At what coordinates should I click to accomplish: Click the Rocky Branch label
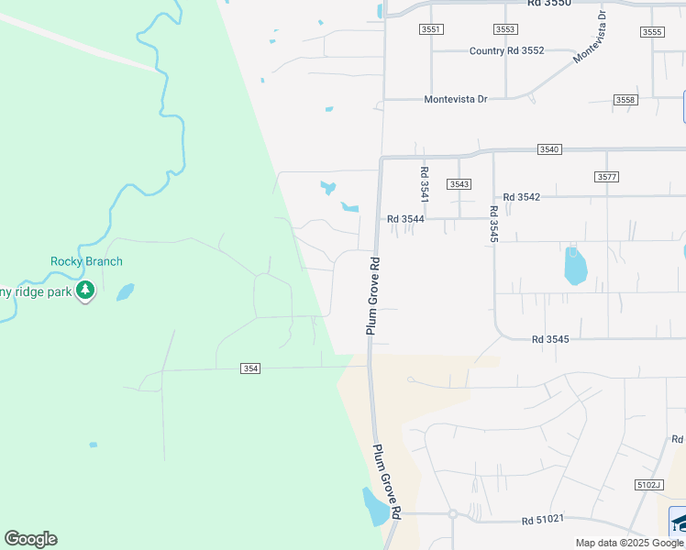coord(86,261)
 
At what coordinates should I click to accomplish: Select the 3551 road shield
coord(431,30)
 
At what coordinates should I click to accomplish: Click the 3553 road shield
coord(504,30)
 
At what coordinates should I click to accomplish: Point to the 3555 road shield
coord(652,32)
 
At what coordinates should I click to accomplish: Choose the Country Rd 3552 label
coord(506,51)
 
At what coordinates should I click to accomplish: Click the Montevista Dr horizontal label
coord(455,99)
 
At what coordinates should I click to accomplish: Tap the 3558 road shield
coord(625,99)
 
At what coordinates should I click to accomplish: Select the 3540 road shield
coord(549,148)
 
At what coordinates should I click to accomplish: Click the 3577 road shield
coord(606,177)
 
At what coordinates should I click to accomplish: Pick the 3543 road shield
coord(459,184)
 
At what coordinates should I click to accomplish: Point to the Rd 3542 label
coord(522,197)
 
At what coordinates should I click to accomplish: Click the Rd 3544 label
coord(405,219)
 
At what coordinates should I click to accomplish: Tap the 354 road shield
coord(250,368)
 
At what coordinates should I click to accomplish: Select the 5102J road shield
coord(647,484)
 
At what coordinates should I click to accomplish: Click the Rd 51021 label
coord(540,521)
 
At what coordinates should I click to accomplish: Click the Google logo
coord(30,539)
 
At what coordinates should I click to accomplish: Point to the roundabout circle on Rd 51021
coord(452,514)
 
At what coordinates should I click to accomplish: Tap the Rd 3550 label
coord(549,4)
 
